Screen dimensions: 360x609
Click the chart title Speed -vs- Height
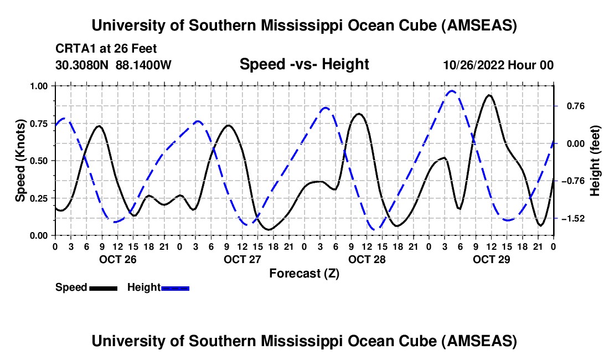(x=304, y=65)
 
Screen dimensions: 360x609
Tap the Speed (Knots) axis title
(x=20, y=160)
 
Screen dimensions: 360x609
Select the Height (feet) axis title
(x=595, y=160)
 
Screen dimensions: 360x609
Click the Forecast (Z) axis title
(x=304, y=273)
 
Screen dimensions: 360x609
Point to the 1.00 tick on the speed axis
(x=39, y=86)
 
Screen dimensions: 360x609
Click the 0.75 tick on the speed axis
(x=39, y=123)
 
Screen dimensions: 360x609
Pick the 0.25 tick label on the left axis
(x=39, y=198)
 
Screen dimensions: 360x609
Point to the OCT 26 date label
(x=117, y=259)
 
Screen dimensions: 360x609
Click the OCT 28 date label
(x=367, y=259)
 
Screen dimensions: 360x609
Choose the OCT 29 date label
(x=491, y=259)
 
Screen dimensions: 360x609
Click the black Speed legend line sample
(x=102, y=287)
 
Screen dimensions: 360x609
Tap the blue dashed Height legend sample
(x=175, y=287)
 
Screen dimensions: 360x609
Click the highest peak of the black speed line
(x=489, y=95)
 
